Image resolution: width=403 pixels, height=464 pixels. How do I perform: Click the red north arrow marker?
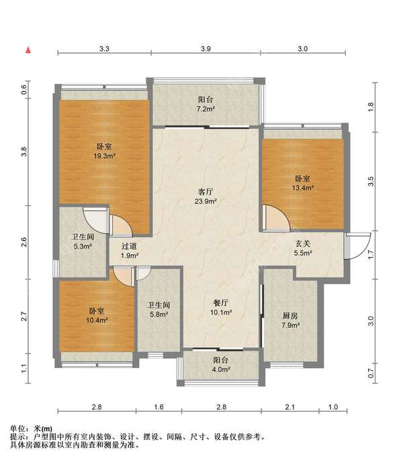coord(28,50)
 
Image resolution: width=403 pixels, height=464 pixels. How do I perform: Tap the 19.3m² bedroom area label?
coord(104,156)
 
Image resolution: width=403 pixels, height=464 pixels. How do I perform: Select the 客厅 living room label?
coord(206,192)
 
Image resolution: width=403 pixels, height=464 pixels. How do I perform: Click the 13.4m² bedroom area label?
coord(302,188)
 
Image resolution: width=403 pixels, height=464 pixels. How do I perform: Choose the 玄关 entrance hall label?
coord(302,243)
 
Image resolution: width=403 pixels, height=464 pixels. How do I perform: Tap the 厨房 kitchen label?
coord(290,316)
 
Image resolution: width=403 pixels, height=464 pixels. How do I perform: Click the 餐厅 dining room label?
coord(221,303)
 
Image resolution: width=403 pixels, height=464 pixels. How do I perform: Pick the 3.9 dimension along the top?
coord(206,49)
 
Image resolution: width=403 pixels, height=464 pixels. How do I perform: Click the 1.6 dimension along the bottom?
coord(159,407)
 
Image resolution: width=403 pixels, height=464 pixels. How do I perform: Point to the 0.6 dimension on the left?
coord(24,89)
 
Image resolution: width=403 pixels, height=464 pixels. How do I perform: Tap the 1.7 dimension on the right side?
coord(371,255)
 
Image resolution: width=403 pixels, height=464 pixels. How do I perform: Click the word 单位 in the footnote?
coord(17,428)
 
